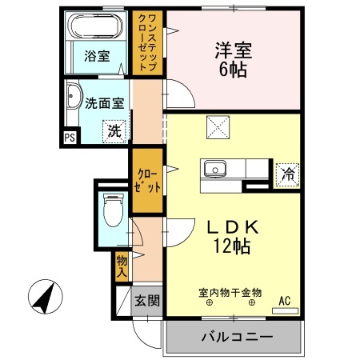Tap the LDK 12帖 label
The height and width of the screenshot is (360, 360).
(232, 236)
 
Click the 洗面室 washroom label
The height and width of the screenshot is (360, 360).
(104, 102)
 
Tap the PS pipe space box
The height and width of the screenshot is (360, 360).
(70, 137)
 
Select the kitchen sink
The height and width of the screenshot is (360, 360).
(214, 169)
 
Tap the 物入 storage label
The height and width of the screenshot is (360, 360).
(122, 265)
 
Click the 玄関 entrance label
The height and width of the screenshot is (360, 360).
(146, 301)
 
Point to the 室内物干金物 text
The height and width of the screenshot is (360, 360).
(230, 293)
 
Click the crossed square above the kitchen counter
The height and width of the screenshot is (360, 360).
(217, 126)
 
